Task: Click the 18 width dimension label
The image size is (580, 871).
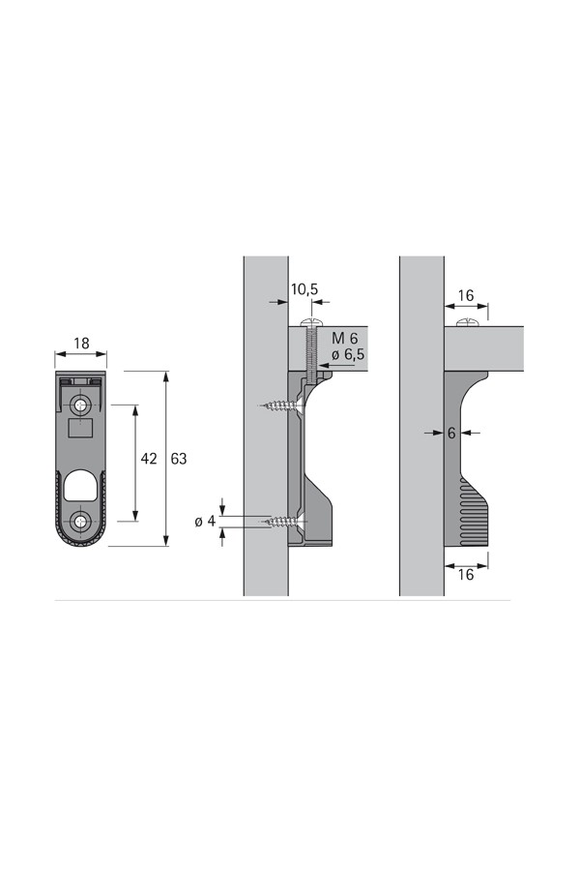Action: click(81, 344)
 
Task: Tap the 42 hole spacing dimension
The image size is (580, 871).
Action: click(149, 459)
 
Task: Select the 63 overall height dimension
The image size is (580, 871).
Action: click(179, 459)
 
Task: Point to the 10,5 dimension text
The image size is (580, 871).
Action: click(304, 288)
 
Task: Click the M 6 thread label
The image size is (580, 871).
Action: click(345, 338)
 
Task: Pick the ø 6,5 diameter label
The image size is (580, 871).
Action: click(348, 354)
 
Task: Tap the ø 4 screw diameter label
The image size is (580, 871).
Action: click(205, 521)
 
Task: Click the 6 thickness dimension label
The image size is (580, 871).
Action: click(451, 433)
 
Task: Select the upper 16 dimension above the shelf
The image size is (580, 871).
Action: click(466, 295)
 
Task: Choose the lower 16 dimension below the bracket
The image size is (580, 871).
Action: click(466, 574)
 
